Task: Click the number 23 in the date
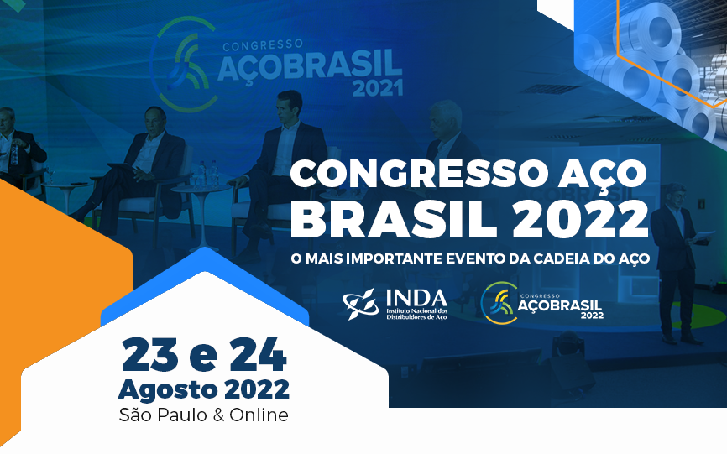pyautogui.click(x=150, y=355)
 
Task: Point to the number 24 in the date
pyautogui.click(x=258, y=355)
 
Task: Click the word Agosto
pyautogui.click(x=167, y=390)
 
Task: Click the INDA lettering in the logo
pyautogui.click(x=416, y=299)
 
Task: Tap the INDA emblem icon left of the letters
pyautogui.click(x=361, y=304)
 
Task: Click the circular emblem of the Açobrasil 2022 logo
pyautogui.click(x=499, y=303)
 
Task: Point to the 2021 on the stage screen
pyautogui.click(x=378, y=88)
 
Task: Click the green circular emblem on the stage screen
pyautogui.click(x=184, y=64)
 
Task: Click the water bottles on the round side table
pyautogui.click(x=207, y=174)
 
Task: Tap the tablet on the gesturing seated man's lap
pyautogui.click(x=122, y=167)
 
